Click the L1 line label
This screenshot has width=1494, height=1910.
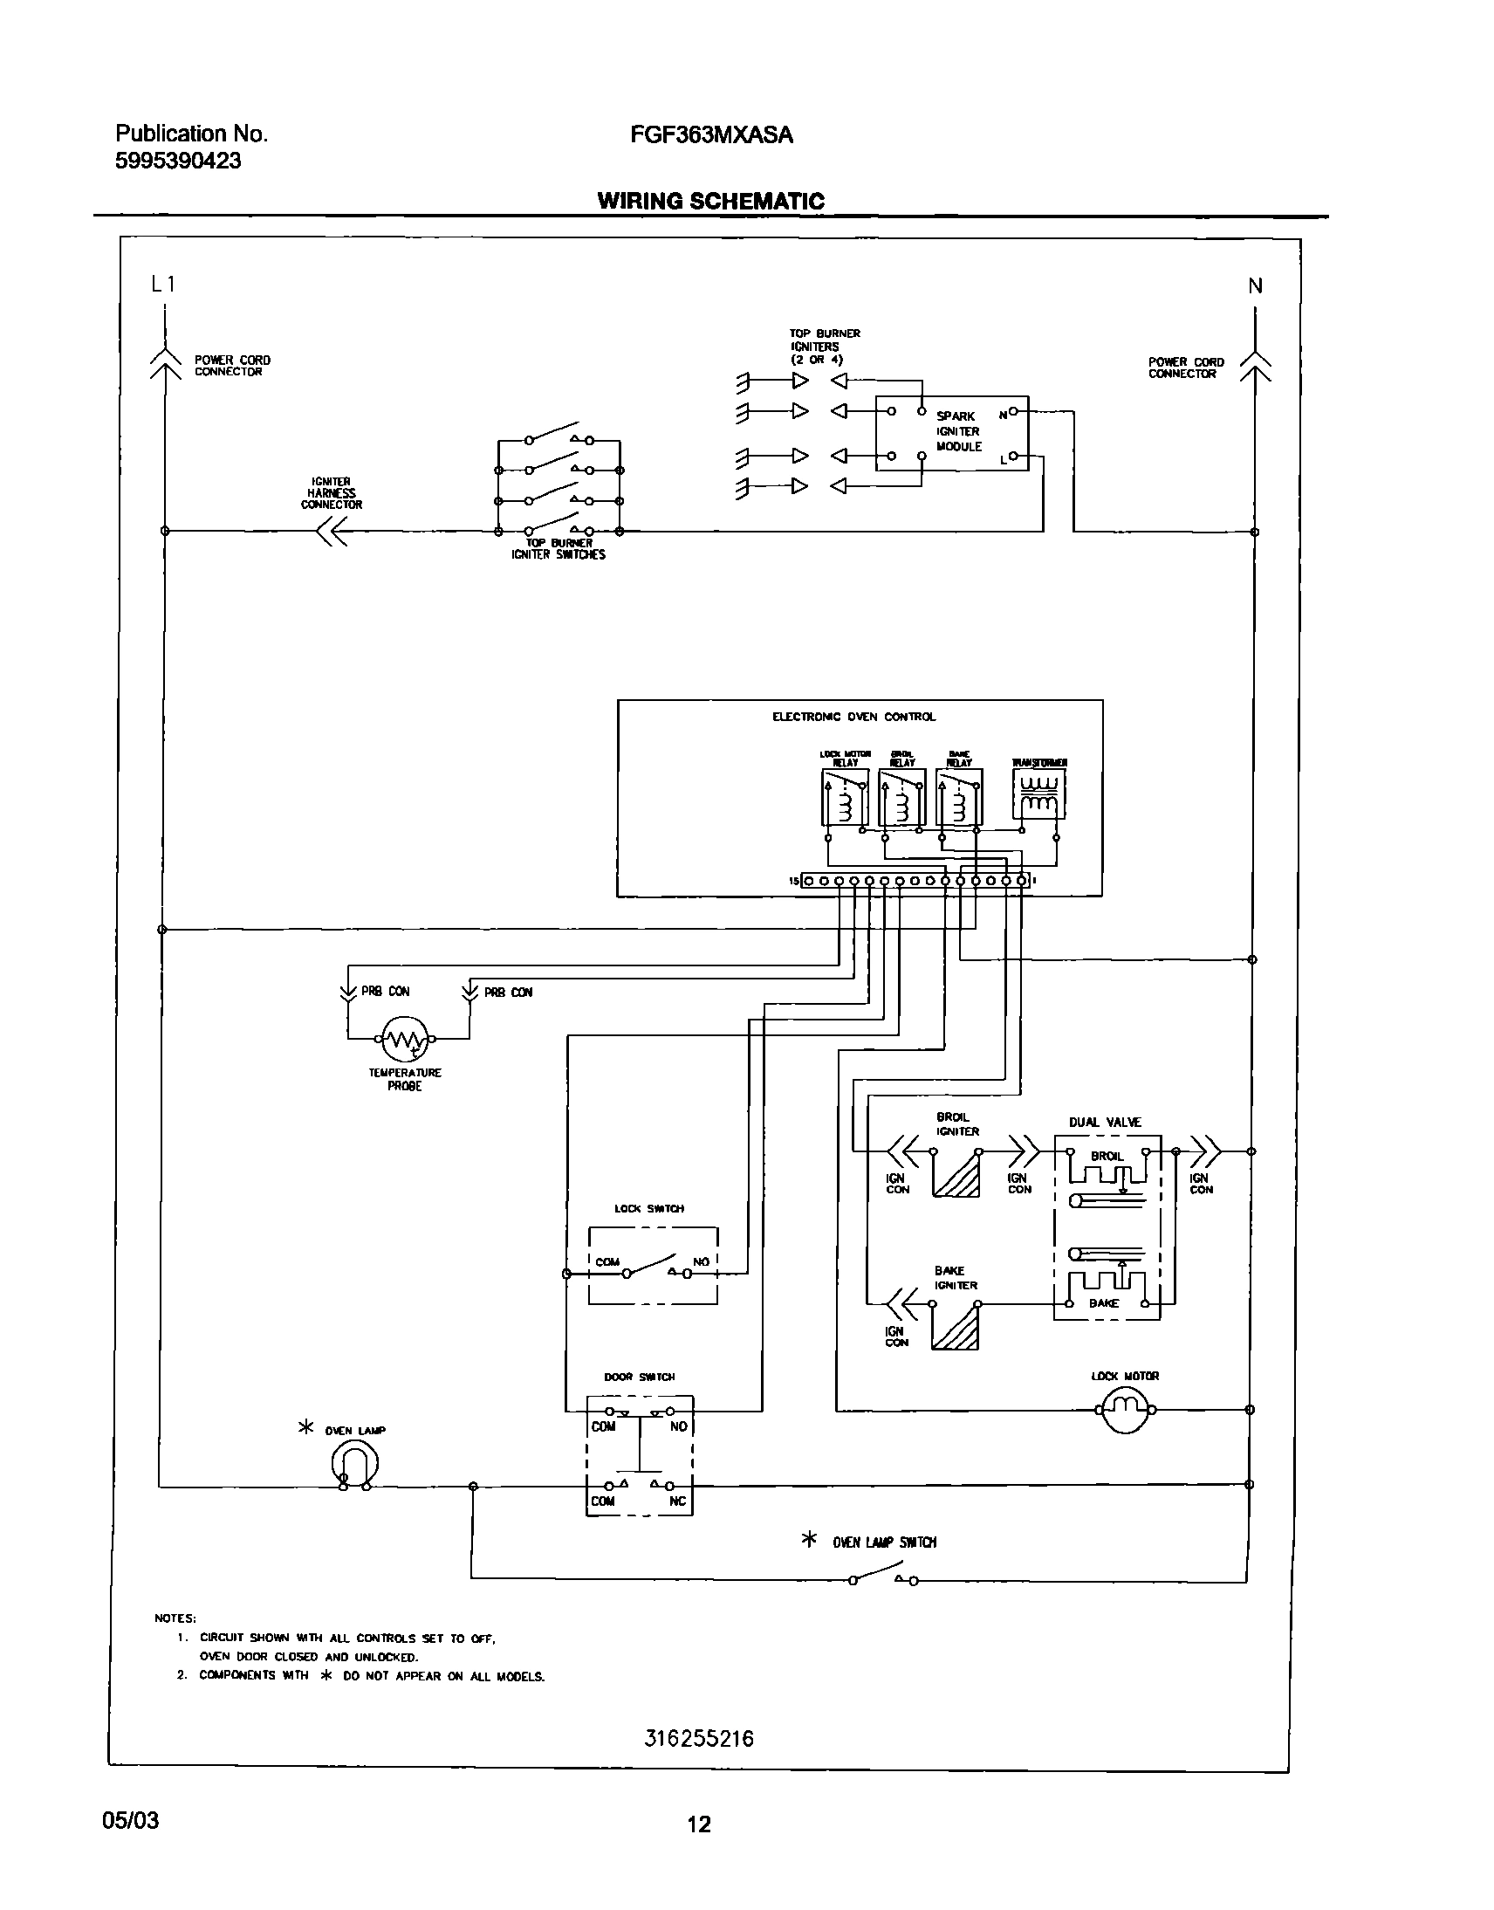(x=163, y=284)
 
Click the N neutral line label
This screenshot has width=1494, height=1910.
(x=1255, y=286)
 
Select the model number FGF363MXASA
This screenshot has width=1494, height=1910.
(x=711, y=134)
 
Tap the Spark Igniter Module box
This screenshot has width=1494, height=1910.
(x=952, y=432)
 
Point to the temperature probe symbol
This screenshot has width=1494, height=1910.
(x=404, y=1039)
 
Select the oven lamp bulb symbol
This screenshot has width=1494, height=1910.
(x=354, y=1463)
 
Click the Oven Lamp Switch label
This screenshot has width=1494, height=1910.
(x=884, y=1542)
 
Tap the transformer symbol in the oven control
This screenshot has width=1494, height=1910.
(x=1039, y=794)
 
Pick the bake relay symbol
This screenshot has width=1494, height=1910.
(x=959, y=797)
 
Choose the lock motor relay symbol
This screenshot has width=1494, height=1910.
(x=845, y=797)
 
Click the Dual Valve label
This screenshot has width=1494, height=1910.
(x=1105, y=1123)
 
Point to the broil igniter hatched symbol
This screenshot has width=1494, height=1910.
(x=956, y=1174)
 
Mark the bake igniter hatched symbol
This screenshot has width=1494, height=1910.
(x=956, y=1326)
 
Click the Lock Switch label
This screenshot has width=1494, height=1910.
(x=649, y=1208)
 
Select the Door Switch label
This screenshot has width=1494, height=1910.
(x=640, y=1377)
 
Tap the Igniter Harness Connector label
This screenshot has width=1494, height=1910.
(x=331, y=493)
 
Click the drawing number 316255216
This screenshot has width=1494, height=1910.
(x=698, y=1739)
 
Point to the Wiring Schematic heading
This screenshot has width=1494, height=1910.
(x=710, y=202)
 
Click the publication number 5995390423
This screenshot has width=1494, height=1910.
(x=178, y=161)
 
